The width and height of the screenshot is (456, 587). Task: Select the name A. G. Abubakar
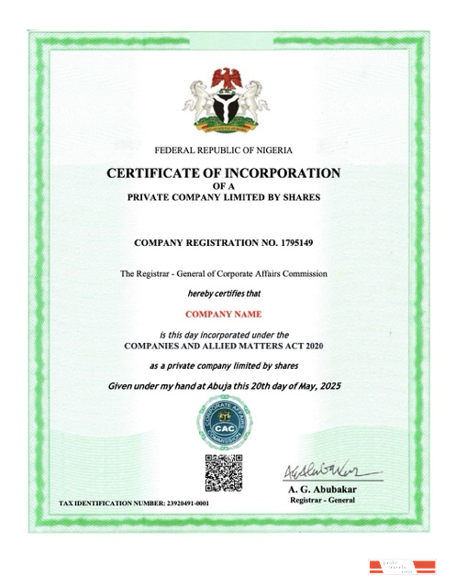pos(327,490)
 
